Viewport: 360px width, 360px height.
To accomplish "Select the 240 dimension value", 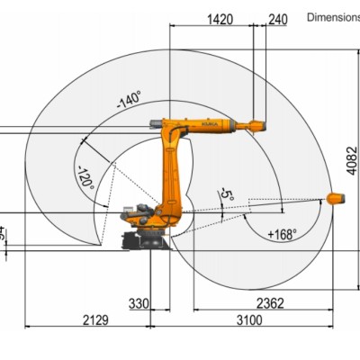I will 278,17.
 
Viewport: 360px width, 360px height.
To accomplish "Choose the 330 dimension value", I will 139,304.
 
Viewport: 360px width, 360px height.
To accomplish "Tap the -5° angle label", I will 228,195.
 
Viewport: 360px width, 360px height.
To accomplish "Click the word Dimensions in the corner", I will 333,16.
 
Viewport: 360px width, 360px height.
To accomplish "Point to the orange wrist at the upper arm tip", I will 256,124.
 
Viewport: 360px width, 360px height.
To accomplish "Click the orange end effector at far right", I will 334,198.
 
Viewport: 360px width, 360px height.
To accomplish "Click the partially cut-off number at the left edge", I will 3,234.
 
